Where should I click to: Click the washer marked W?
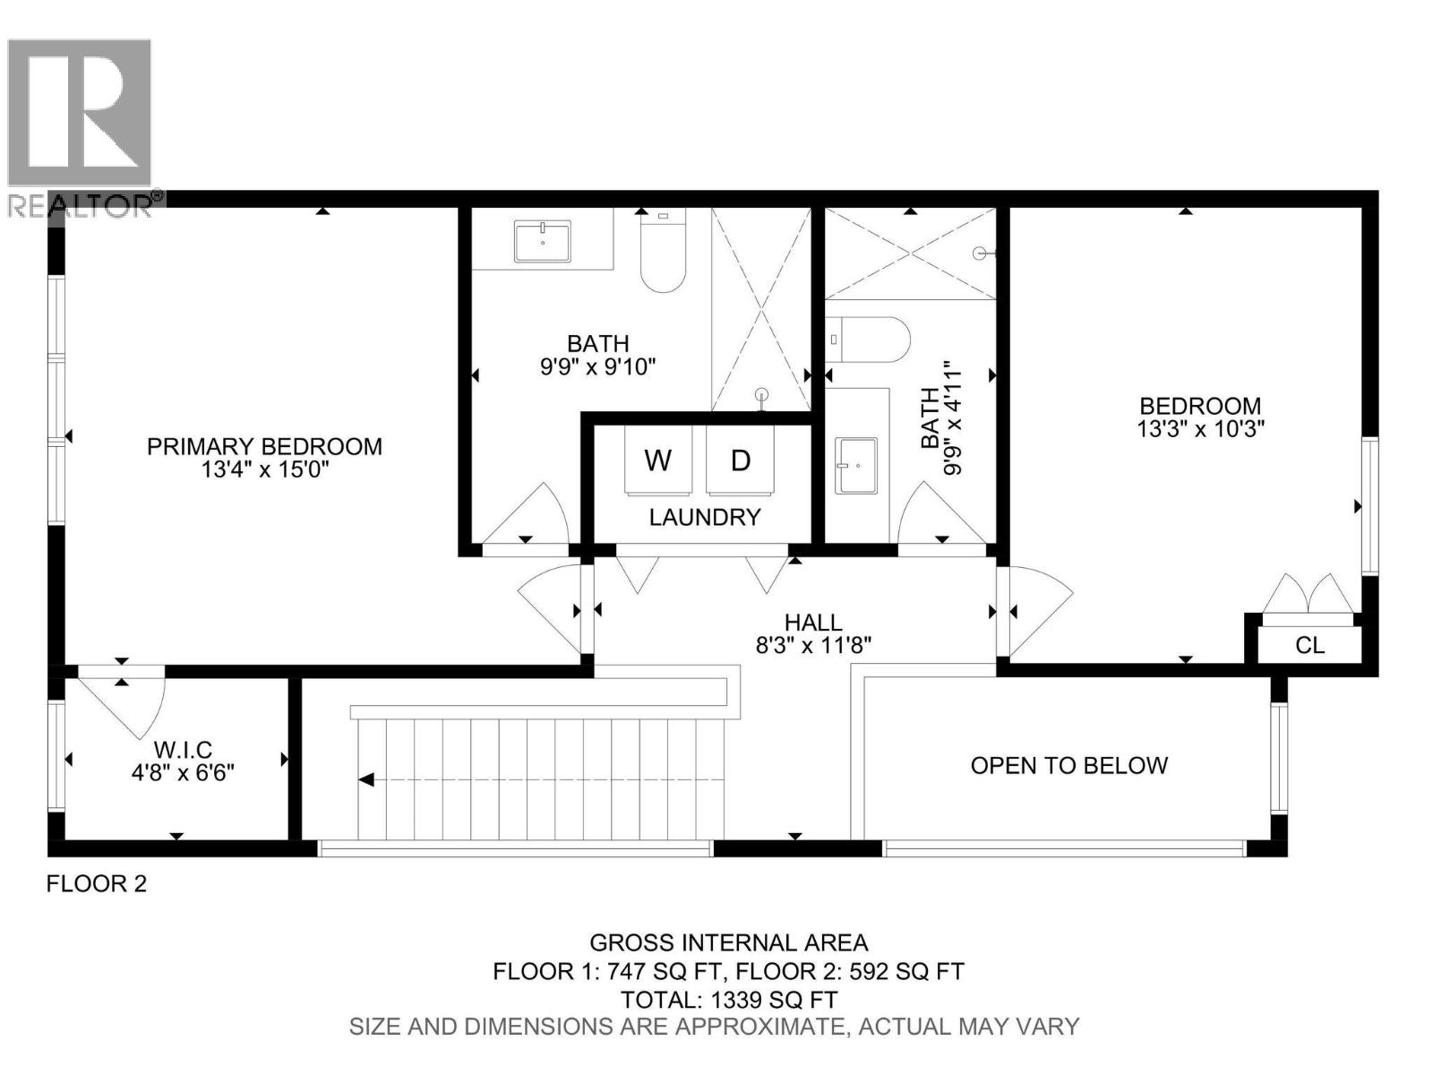tap(658, 460)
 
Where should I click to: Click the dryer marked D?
tap(740, 460)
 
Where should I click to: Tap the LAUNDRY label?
tap(705, 517)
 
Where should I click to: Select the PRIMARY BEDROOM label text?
tap(264, 446)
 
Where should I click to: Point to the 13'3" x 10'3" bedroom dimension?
tap(1200, 429)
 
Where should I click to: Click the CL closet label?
tap(1309, 645)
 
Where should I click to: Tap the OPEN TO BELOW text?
tap(1069, 765)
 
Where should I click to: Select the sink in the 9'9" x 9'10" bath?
tap(543, 243)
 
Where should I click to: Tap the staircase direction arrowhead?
tap(365, 779)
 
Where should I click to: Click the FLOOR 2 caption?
tap(97, 884)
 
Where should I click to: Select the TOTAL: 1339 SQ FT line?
tap(729, 999)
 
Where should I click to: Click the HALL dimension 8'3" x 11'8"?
tap(813, 645)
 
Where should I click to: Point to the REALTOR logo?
tap(81, 125)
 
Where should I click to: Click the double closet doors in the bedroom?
tap(1309, 596)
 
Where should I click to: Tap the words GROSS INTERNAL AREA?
tap(728, 942)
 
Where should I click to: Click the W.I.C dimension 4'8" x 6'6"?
tap(183, 772)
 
